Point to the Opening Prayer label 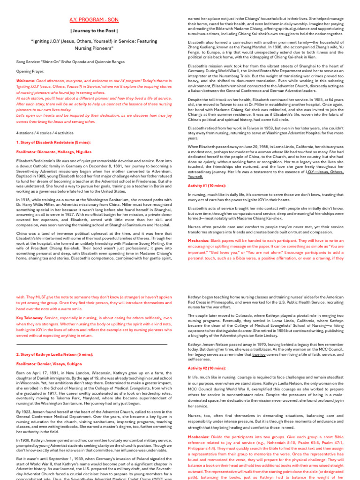tap(30, 71)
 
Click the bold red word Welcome tap(25, 81)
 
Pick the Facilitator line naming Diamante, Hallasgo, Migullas tap(54, 152)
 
